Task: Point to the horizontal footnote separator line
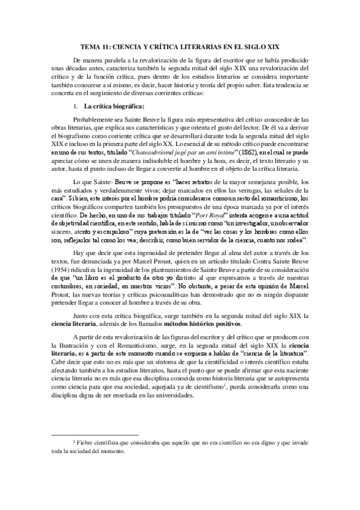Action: point(96,434)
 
